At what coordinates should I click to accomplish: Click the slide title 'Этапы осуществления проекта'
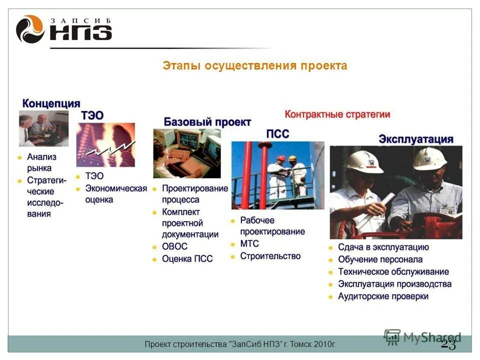click(254, 66)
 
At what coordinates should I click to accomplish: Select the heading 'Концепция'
click(51, 103)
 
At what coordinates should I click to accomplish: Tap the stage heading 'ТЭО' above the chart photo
click(92, 115)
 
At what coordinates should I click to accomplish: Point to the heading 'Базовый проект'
click(207, 122)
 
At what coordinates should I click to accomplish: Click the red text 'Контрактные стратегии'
click(337, 114)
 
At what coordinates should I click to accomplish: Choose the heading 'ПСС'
click(277, 134)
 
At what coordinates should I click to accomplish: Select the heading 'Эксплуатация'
click(415, 139)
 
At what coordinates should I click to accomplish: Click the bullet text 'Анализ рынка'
click(41, 162)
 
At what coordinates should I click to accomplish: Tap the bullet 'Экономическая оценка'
click(116, 194)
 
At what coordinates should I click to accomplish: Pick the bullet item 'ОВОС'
click(174, 246)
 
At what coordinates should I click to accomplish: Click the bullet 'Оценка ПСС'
click(187, 259)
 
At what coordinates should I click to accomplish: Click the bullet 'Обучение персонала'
click(380, 259)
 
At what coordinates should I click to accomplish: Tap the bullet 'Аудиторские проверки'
click(383, 296)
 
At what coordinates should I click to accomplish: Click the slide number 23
click(448, 344)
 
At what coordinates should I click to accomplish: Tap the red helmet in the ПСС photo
click(281, 158)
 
